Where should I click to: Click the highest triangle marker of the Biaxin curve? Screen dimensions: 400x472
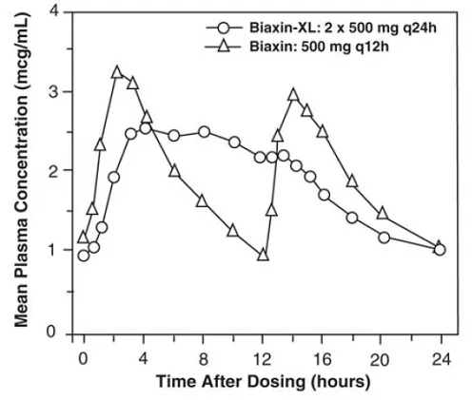(x=117, y=72)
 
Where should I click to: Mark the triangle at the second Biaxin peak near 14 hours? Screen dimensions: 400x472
(x=293, y=94)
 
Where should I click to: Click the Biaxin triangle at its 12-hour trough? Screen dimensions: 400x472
(x=264, y=255)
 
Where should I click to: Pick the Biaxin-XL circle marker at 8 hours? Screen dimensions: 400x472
(x=205, y=132)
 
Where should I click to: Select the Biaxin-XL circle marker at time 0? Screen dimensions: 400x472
(x=84, y=256)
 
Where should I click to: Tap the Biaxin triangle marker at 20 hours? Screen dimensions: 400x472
(x=383, y=214)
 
